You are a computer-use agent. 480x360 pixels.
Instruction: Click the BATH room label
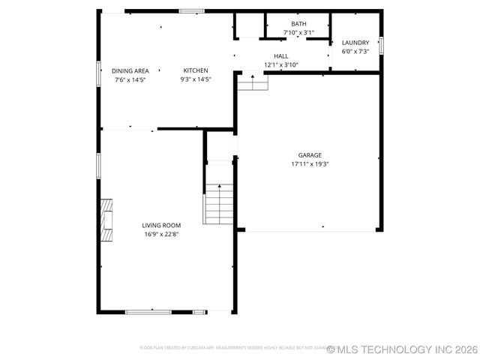(x=298, y=24)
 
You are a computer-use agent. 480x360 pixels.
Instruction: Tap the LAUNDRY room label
(x=355, y=43)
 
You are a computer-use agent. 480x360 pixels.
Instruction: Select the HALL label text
(x=281, y=56)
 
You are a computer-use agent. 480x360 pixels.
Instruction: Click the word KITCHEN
(x=196, y=70)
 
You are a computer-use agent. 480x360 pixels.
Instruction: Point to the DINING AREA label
(x=130, y=70)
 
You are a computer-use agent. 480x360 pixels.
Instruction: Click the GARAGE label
(x=310, y=155)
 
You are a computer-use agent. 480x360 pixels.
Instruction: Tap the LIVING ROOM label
(x=161, y=225)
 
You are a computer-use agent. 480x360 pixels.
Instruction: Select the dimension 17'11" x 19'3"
(x=310, y=163)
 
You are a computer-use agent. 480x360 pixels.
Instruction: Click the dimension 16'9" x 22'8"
(x=161, y=234)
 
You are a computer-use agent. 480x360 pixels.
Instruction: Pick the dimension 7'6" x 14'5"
(x=130, y=79)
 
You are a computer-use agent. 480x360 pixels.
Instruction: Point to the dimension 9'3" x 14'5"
(x=196, y=79)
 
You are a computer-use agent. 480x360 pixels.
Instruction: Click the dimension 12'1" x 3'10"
(x=281, y=65)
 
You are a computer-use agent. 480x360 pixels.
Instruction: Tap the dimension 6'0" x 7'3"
(x=355, y=52)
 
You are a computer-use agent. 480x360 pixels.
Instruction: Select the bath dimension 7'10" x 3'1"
(x=298, y=33)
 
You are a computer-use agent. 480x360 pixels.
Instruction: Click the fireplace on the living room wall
(x=107, y=220)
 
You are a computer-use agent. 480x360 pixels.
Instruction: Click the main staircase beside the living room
(x=219, y=204)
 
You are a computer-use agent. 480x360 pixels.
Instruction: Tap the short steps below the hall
(x=253, y=82)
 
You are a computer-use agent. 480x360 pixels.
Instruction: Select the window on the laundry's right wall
(x=381, y=45)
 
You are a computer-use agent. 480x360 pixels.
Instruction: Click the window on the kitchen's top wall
(x=192, y=11)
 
